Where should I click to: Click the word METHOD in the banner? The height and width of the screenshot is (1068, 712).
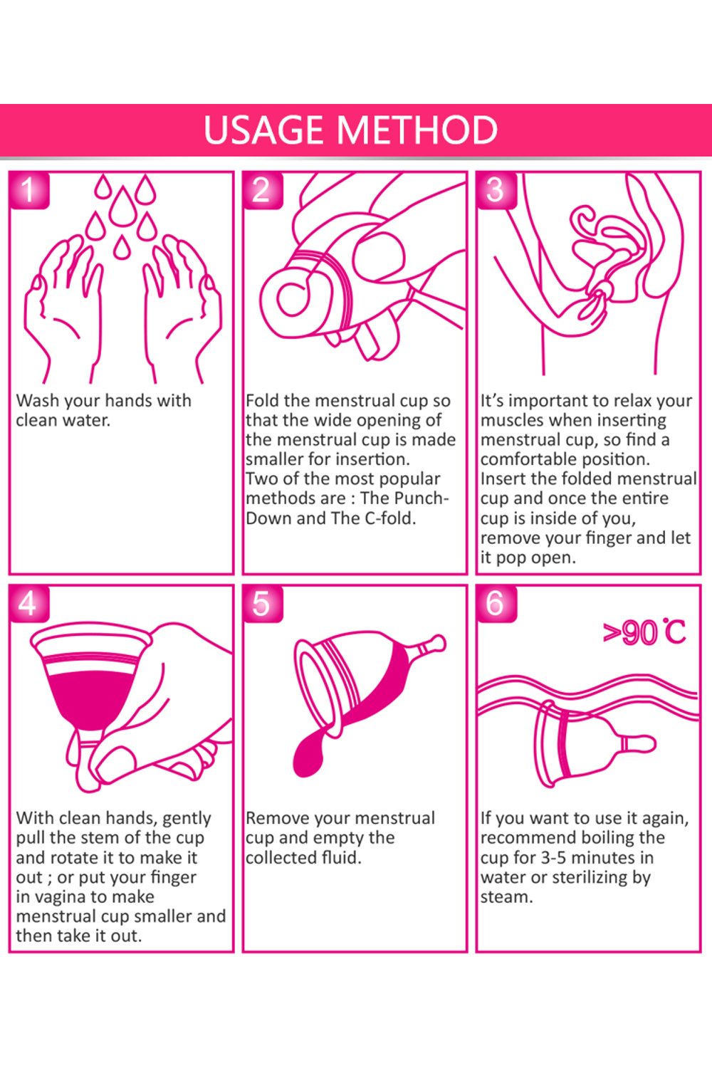417,130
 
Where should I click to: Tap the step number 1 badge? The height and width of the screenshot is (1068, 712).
29,190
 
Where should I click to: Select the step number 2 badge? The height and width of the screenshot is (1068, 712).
263,190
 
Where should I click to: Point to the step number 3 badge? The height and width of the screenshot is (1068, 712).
496,190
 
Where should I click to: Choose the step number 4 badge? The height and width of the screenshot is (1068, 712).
29,604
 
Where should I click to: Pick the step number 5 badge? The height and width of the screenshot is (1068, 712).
263,604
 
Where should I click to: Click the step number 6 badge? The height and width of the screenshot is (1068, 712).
496,604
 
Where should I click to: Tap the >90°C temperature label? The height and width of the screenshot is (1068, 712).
644,633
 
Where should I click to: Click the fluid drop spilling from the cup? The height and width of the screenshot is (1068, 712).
308,754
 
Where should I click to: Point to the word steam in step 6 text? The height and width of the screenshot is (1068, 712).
506,897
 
